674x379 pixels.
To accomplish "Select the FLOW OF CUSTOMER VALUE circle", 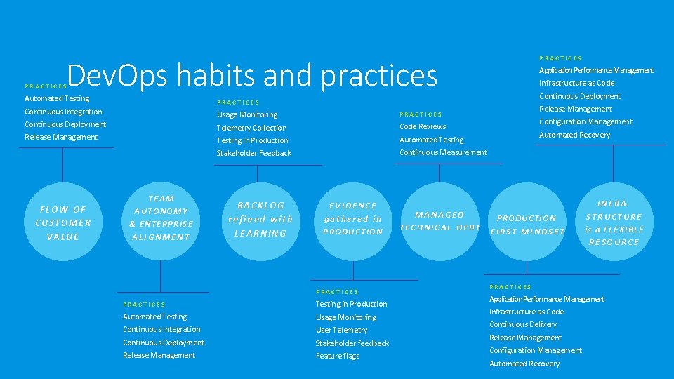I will tap(63, 223).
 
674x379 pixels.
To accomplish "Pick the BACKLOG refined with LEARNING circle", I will tap(260, 219).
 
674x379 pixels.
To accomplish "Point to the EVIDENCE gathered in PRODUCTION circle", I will tap(352, 219).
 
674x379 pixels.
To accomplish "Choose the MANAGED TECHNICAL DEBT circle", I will tap(440, 221).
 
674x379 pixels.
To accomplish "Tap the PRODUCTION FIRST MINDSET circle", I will tap(527, 225).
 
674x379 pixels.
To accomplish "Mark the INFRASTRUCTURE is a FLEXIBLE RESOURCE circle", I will tap(614, 222).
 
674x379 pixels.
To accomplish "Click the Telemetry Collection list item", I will tap(251, 128).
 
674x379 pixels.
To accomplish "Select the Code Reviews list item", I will tap(423, 126).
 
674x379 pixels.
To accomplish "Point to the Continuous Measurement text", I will tap(443, 152).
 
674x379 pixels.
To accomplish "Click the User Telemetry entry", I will tap(341, 330).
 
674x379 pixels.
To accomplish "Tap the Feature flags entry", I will tap(337, 356).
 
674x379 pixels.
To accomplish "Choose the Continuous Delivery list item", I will tap(523, 324).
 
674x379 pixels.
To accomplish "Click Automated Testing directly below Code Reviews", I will tap(431, 140).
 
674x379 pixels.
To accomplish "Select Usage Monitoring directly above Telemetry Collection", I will tap(246, 114).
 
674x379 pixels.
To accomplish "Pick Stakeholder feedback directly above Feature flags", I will tap(352, 343).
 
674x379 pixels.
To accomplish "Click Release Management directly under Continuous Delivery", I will tap(525, 338).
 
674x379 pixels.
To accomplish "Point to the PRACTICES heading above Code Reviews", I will tap(421, 114).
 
